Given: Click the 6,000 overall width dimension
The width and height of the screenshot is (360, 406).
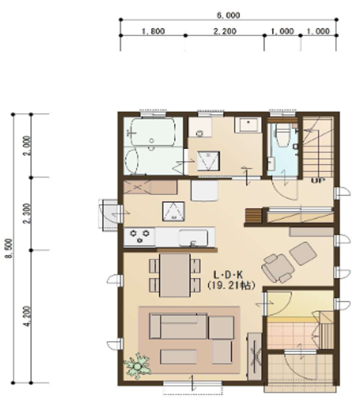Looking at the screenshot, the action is [x=228, y=15].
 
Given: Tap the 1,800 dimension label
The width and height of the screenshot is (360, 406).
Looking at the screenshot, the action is [x=153, y=31].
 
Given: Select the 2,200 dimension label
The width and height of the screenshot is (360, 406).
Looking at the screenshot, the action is [x=225, y=31].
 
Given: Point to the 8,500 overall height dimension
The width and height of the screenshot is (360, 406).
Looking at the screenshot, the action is [x=9, y=248].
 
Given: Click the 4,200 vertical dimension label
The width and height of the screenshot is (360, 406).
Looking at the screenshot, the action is [x=27, y=316].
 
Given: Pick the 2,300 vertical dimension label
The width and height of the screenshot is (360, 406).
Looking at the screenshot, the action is [x=27, y=213].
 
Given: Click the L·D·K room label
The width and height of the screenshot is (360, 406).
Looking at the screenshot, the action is [x=228, y=274].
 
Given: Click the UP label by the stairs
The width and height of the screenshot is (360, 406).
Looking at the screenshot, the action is [x=318, y=180].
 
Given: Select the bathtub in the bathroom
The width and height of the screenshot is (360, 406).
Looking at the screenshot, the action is [x=152, y=132].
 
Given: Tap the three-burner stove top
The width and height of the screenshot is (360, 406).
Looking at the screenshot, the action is [x=139, y=236].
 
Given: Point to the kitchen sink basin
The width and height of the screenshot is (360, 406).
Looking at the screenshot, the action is [x=193, y=237].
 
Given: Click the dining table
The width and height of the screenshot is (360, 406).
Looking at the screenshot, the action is [x=175, y=275].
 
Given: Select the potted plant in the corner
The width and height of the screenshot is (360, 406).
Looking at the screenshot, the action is [x=138, y=366].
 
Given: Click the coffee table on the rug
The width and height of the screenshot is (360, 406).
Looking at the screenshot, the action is [x=178, y=357].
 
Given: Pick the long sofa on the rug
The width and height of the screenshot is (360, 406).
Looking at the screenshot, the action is [x=178, y=327].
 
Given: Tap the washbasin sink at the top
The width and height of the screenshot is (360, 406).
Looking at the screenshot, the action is [x=248, y=125].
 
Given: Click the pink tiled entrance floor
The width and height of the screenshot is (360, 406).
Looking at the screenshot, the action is [x=291, y=336].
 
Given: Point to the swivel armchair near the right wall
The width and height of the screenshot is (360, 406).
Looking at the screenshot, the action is [x=278, y=268].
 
